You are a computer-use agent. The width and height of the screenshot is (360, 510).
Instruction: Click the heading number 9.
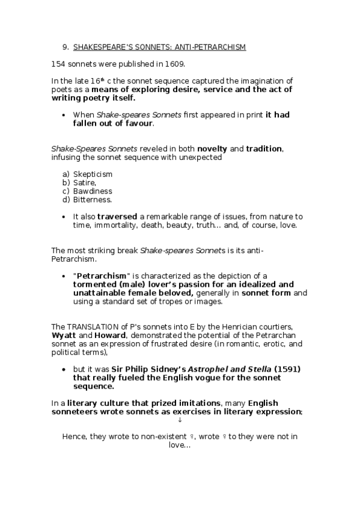coord(65,48)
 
